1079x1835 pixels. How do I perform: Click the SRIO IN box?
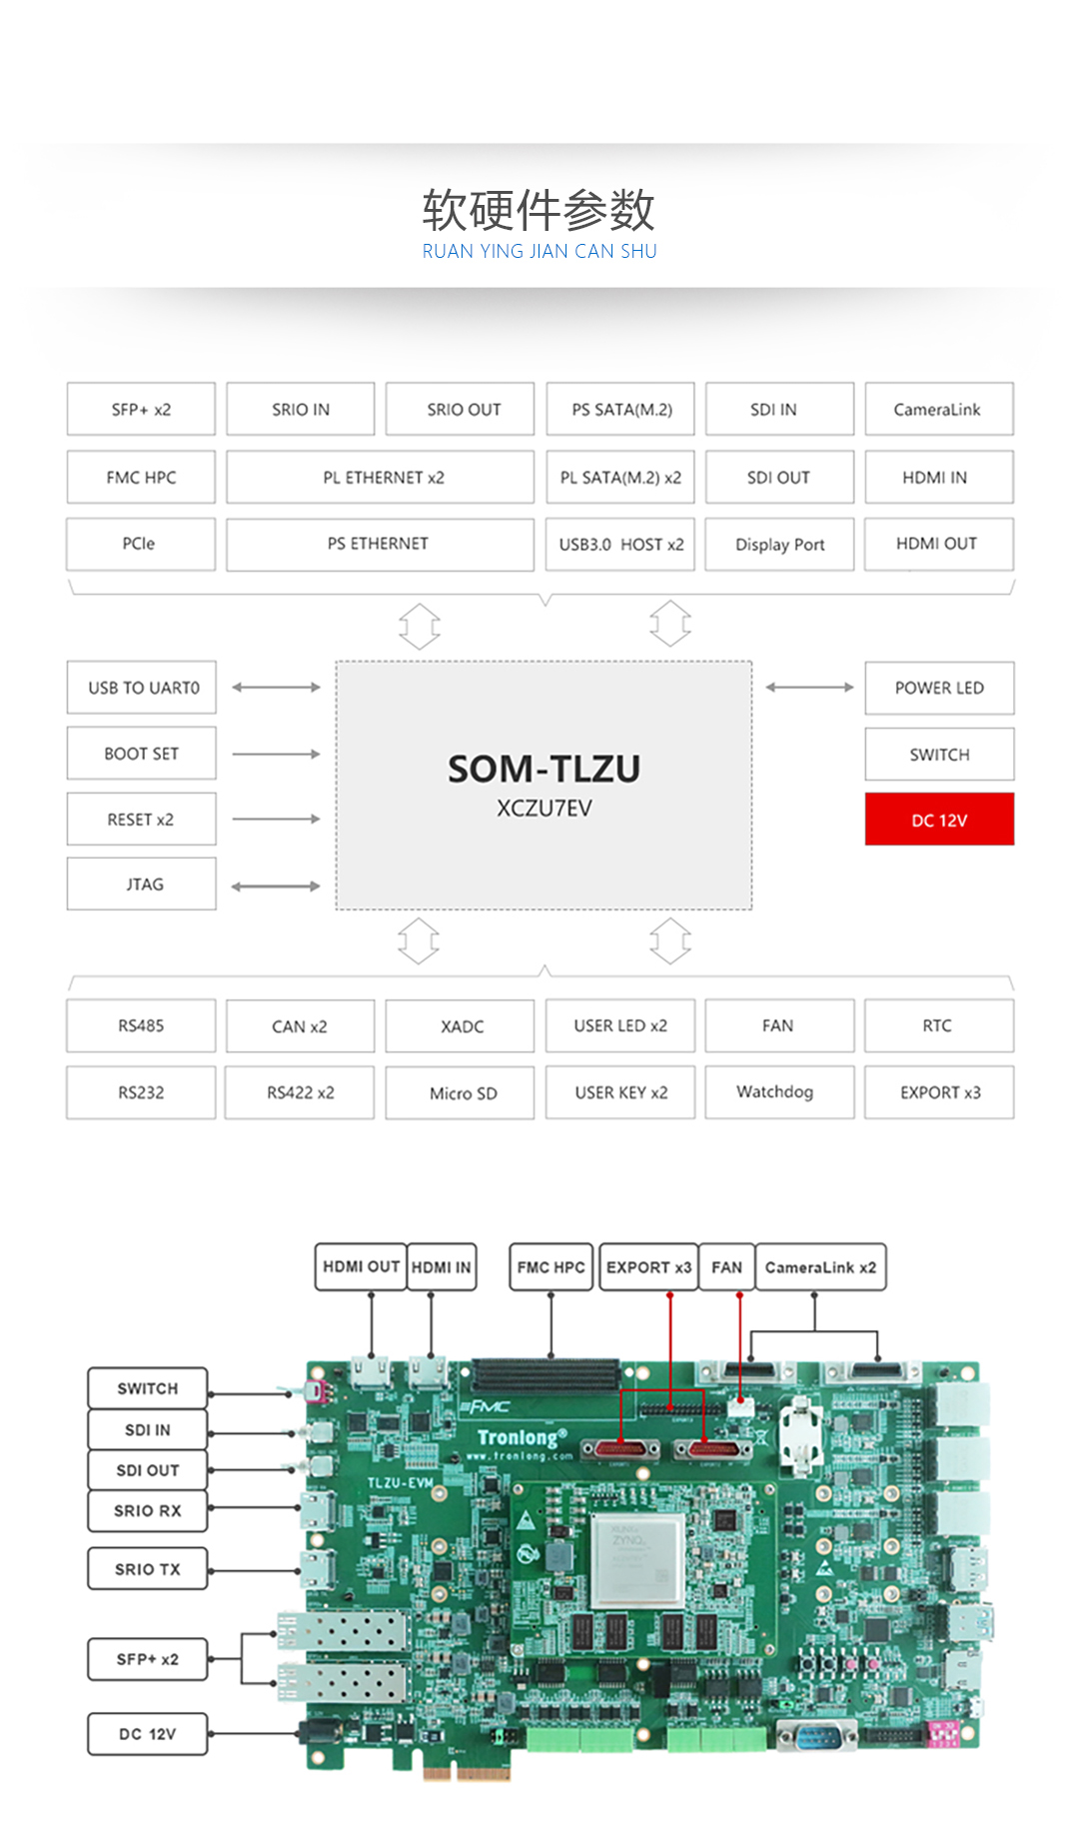coord(301,410)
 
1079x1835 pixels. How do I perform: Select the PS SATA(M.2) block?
coord(620,410)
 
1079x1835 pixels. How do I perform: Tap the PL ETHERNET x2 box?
coord(381,478)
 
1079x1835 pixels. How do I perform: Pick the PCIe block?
coord(141,544)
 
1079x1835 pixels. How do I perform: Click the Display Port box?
coord(779,545)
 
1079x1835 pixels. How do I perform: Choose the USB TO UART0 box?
coord(142,688)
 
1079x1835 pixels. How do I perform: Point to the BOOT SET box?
coord(142,754)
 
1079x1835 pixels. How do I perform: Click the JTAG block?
coord(142,885)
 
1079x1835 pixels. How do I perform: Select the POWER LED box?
coord(939,688)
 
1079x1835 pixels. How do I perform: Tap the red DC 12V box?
coord(939,820)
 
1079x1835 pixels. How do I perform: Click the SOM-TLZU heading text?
coord(543,769)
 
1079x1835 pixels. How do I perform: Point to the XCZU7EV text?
coord(543,809)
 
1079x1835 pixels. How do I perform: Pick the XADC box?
coord(461,1026)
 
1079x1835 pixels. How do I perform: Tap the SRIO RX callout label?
coord(148,1511)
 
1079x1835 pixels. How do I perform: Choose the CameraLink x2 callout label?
coord(820,1267)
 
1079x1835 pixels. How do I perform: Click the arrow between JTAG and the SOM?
coord(276,887)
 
